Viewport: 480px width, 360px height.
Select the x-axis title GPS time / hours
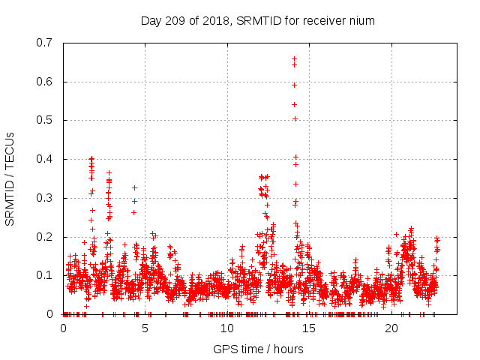pos(258,349)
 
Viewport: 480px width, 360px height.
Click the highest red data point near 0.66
pos(294,58)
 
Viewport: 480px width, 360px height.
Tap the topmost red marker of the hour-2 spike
pos(91,158)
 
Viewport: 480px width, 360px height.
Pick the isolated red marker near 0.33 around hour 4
pos(135,187)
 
